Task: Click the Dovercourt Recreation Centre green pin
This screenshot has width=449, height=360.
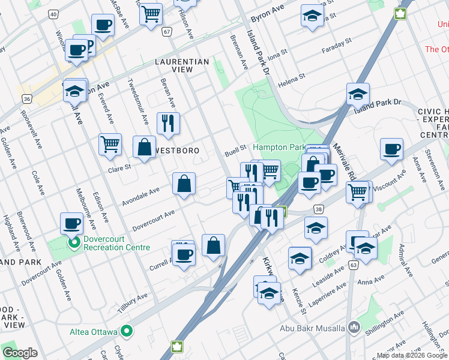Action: coord(74,242)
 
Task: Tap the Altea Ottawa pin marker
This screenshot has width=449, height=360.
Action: coord(127,331)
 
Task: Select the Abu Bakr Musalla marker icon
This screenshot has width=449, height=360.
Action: coord(354,328)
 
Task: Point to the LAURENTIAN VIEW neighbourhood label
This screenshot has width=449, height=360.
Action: coord(182,65)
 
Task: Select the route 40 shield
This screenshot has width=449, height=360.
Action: coord(53,13)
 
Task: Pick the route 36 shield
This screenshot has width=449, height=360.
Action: coord(26,98)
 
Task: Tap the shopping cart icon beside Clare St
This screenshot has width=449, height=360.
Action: coord(110,145)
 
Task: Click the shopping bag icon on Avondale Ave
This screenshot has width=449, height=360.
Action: coord(184,184)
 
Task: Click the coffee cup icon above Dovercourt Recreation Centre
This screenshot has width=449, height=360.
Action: coord(71,223)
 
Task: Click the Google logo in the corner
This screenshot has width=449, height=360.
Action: coord(20,353)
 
